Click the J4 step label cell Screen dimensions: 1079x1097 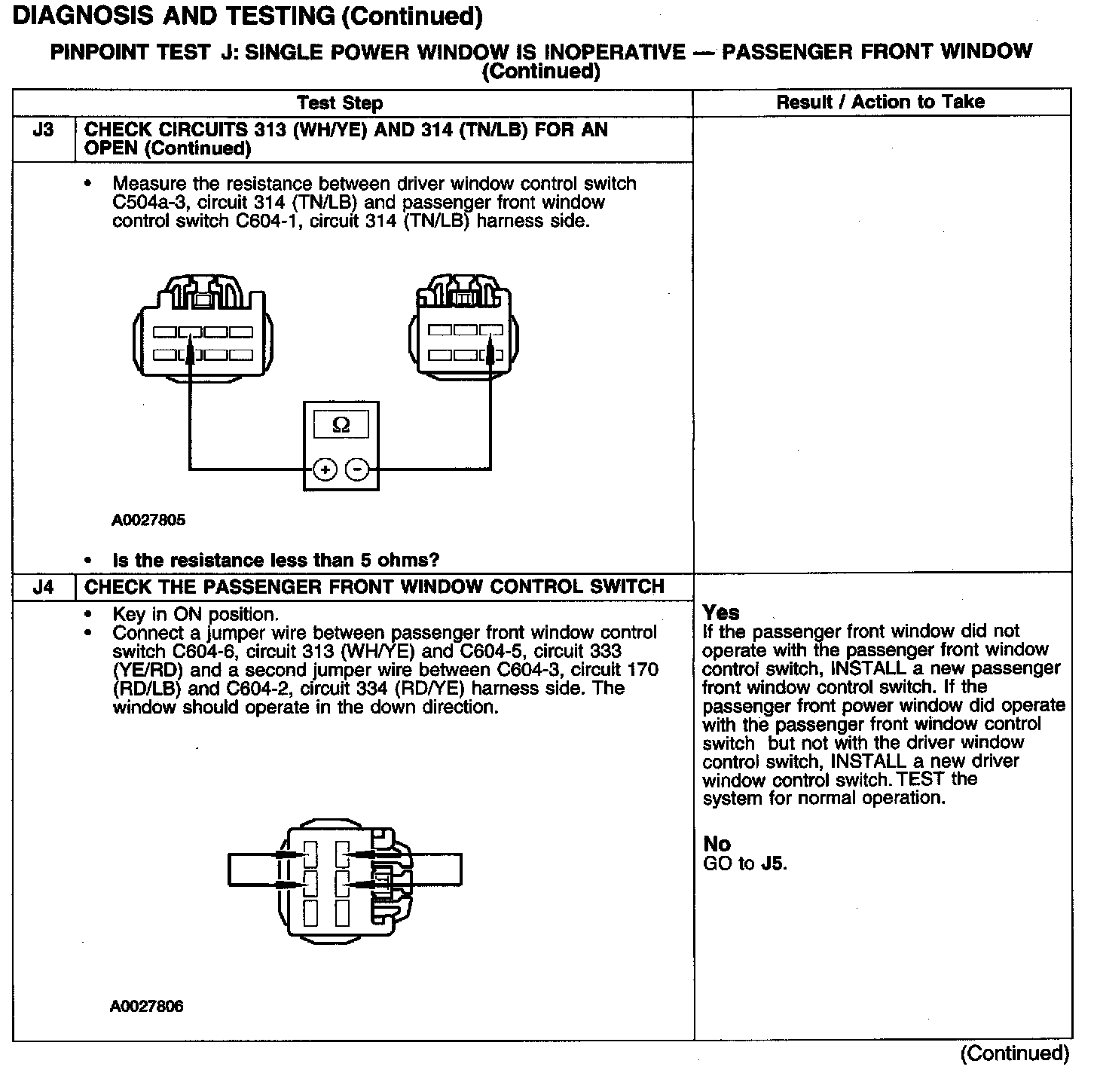pyautogui.click(x=44, y=587)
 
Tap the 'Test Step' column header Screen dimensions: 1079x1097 pyautogui.click(x=340, y=103)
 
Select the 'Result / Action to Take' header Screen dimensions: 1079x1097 pyautogui.click(x=881, y=102)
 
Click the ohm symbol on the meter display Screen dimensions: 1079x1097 pyautogui.click(x=341, y=426)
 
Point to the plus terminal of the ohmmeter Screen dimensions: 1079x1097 pyautogui.click(x=325, y=470)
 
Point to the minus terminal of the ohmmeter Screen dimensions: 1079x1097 pyautogui.click(x=356, y=470)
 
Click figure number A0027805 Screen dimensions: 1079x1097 pyautogui.click(x=148, y=520)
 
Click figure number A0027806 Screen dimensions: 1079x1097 pyautogui.click(x=147, y=1007)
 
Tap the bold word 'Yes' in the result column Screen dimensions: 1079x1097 pyautogui.click(x=721, y=612)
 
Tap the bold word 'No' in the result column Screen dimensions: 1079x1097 pyautogui.click(x=717, y=844)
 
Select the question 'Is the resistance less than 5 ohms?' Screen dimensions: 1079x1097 pyautogui.click(x=276, y=561)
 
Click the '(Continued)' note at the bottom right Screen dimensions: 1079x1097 pyautogui.click(x=1014, y=1053)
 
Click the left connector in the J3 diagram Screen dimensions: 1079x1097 pyautogui.click(x=203, y=332)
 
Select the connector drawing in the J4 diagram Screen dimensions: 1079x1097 pyautogui.click(x=345, y=882)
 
